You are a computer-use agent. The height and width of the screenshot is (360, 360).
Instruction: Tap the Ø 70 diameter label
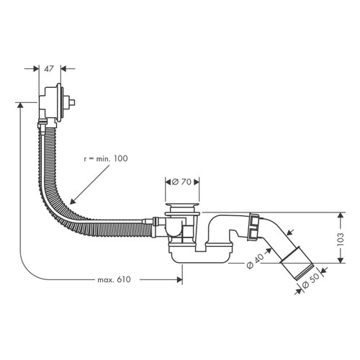(x=184, y=183)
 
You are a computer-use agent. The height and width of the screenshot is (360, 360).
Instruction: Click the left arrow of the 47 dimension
(x=37, y=69)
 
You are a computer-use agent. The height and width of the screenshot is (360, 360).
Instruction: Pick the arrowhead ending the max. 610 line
(x=181, y=279)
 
